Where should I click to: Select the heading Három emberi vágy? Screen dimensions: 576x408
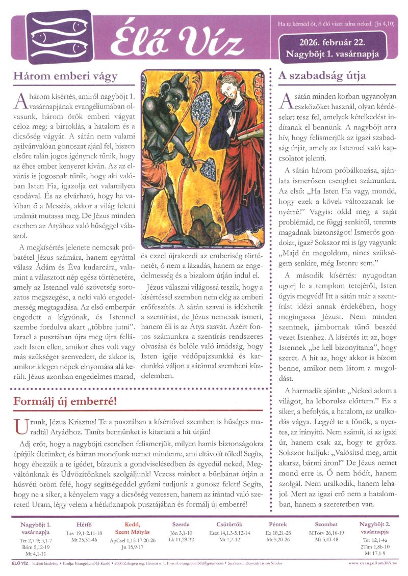[x=66, y=76]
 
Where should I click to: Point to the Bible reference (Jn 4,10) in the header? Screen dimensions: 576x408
[x=383, y=24]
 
